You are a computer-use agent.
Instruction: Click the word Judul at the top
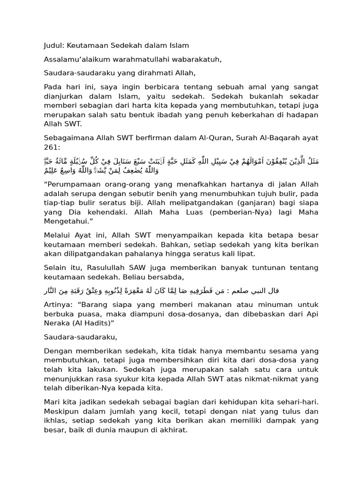click(54, 45)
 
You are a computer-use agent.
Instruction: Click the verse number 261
click(50, 147)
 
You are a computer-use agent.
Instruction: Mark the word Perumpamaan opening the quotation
click(72, 184)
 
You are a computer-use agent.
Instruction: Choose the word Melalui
click(57, 235)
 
